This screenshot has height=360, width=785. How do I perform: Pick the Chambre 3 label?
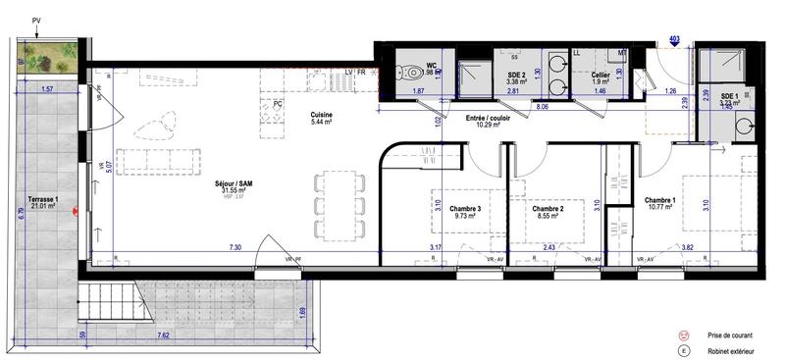[x=465, y=209]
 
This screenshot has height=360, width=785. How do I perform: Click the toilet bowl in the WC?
[x=412, y=71]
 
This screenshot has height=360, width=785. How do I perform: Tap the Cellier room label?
[x=602, y=75]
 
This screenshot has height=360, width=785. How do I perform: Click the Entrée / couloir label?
[x=491, y=118]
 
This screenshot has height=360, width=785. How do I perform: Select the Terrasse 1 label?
[x=43, y=199]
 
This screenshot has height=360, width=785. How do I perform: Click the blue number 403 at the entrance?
[x=674, y=38]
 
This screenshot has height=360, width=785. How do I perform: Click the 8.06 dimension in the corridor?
[x=543, y=103]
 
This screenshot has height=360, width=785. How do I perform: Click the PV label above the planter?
[x=37, y=20]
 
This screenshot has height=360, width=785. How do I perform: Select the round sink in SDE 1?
[x=741, y=127]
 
